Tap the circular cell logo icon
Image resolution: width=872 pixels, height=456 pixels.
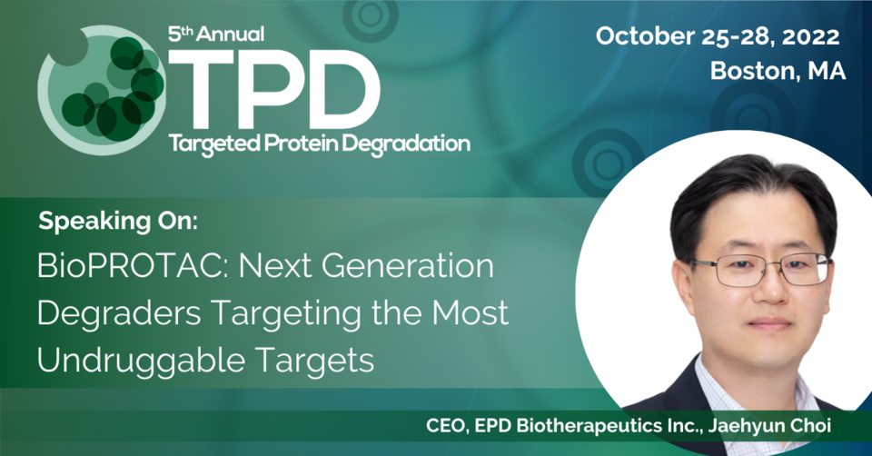(x=101, y=90)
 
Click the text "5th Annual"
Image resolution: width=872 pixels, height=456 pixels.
(x=216, y=35)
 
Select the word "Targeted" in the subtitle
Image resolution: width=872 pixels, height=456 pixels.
(x=214, y=144)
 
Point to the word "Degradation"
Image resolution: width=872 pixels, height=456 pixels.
(x=407, y=144)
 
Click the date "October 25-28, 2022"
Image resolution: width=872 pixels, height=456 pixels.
(x=718, y=36)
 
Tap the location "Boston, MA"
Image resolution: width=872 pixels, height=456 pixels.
(x=778, y=71)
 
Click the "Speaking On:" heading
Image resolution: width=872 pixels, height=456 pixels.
(x=118, y=222)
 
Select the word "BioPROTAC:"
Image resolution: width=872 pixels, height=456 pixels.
(x=133, y=266)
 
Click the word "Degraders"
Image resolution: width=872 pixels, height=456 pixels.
(x=119, y=313)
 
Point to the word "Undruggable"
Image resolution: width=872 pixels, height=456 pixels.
(x=140, y=361)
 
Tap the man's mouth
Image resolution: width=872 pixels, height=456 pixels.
(x=768, y=322)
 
